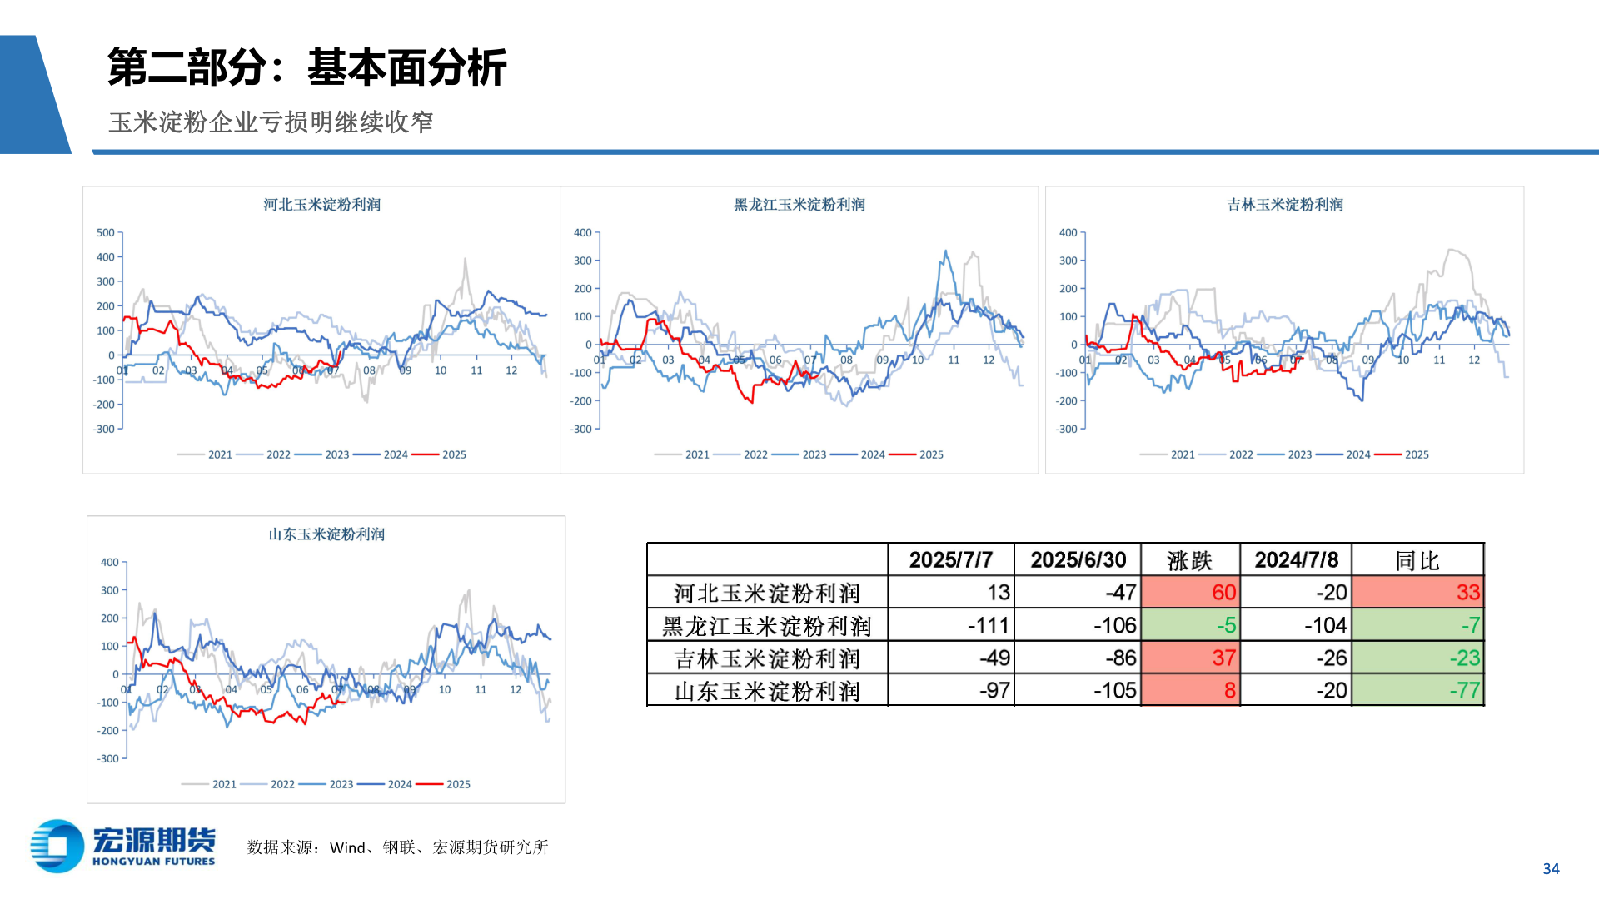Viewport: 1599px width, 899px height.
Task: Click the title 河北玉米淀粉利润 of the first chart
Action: point(321,205)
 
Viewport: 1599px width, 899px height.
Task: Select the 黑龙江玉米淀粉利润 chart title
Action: point(799,205)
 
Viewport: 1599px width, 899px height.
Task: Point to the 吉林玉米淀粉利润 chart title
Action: point(1285,205)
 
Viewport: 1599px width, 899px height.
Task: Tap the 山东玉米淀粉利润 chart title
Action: point(326,534)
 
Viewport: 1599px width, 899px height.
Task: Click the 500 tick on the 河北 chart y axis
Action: point(106,233)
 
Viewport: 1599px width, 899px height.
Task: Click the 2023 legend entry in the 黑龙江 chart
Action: point(814,454)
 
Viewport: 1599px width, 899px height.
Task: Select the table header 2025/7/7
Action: point(950,560)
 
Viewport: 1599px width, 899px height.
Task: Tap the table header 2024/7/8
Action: point(1296,560)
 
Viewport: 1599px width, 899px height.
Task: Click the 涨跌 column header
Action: point(1189,560)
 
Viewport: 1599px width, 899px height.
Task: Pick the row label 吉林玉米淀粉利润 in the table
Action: point(766,658)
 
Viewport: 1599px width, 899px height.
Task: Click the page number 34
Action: point(1551,868)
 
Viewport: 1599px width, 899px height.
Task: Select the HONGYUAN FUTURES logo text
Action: point(153,862)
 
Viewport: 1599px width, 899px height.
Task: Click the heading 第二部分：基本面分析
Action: point(306,67)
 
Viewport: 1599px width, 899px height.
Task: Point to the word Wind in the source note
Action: point(347,847)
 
